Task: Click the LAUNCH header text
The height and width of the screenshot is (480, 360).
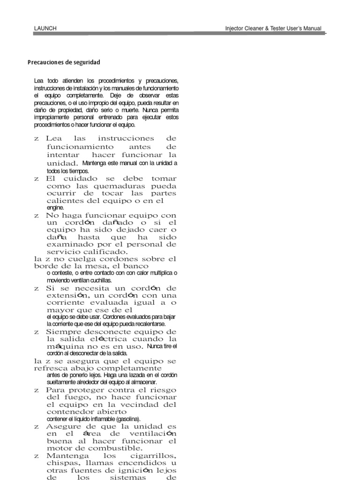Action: (45, 29)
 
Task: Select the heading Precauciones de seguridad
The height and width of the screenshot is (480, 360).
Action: (64, 62)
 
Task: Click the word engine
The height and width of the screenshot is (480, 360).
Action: (55, 207)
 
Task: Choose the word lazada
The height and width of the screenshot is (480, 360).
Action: (129, 375)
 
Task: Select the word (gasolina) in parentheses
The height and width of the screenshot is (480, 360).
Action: (126, 419)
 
